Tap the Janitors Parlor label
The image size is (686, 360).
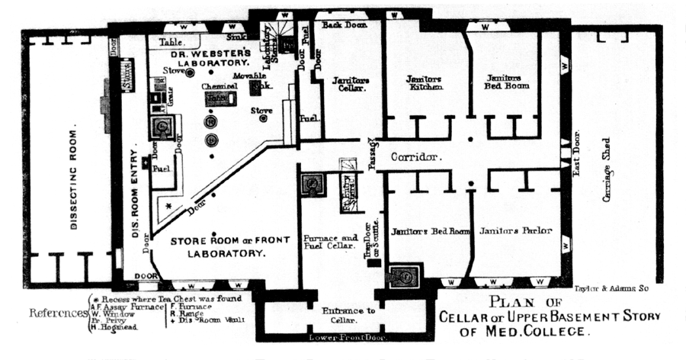point(514,230)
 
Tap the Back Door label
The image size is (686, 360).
point(344,25)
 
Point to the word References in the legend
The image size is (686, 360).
point(56,313)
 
